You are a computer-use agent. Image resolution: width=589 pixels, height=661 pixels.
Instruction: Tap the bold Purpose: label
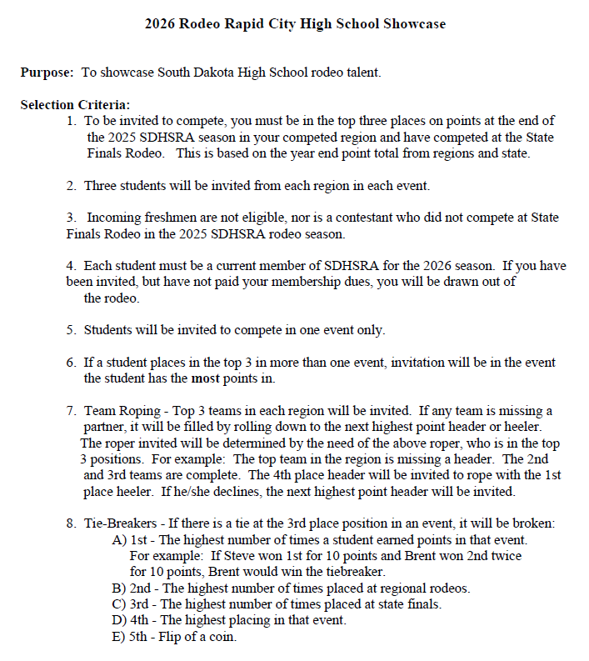click(47, 73)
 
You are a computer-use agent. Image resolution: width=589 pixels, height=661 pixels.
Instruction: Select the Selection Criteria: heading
click(74, 105)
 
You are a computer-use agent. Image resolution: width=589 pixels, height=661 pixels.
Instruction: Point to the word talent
click(361, 73)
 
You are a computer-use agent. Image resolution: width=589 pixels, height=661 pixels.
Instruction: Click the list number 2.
click(71, 185)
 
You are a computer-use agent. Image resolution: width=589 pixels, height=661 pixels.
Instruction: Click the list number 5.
click(71, 330)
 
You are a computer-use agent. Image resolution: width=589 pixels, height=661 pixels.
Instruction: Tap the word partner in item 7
click(109, 427)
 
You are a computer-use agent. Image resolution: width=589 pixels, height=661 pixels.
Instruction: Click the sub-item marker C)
click(118, 603)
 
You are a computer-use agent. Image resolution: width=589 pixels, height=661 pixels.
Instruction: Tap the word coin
click(222, 636)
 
